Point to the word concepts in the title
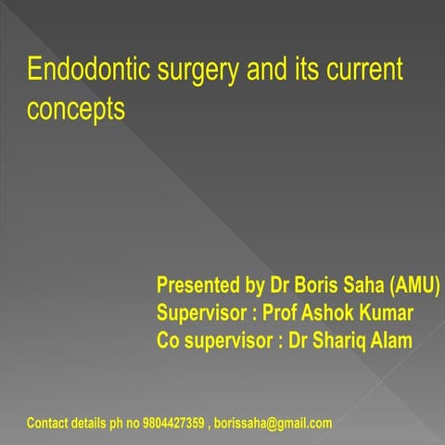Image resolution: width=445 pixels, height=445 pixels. click(76, 110)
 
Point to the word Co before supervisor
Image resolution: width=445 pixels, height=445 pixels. click(170, 341)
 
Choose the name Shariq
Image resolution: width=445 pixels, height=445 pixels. click(336, 341)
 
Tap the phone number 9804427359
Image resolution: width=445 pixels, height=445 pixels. click(175, 424)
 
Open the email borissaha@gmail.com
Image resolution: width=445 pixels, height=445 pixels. click(273, 424)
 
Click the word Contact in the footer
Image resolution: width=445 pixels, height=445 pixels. click(47, 424)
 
